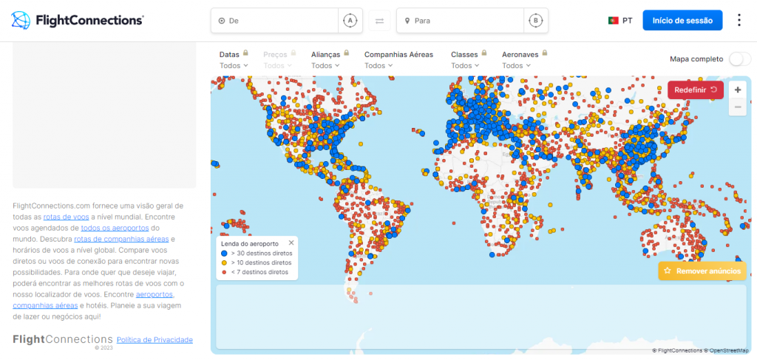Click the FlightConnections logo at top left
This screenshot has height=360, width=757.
[x=78, y=21]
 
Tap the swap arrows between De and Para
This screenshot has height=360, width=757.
[x=379, y=21]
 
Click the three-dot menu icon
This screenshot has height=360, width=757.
[x=739, y=20]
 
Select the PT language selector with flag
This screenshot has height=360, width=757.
[x=619, y=21]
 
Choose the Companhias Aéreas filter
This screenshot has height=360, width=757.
[x=399, y=60]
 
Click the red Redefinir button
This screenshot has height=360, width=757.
[x=695, y=89]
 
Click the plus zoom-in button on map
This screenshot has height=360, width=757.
[x=737, y=89]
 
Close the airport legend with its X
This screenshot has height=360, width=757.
[x=291, y=242]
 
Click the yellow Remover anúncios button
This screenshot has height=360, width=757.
[x=702, y=271]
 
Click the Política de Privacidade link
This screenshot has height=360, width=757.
[x=155, y=340]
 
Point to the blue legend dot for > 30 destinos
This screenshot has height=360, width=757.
[x=224, y=253]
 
